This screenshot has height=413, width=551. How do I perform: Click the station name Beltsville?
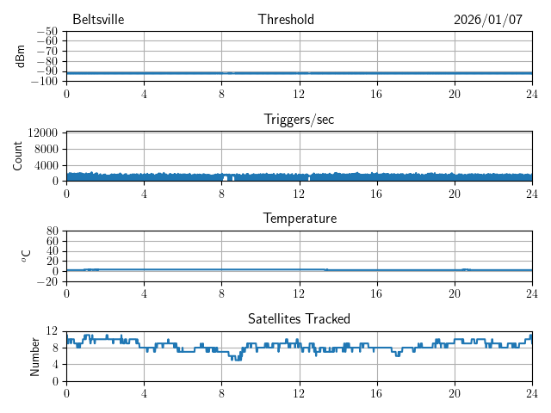[97, 20]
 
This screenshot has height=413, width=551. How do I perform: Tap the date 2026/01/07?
[488, 20]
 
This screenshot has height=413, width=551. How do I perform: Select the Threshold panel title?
[286, 20]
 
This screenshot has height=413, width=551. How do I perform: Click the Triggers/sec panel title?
[299, 120]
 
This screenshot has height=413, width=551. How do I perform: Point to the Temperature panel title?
[300, 219]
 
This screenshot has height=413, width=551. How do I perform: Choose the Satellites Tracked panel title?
[299, 319]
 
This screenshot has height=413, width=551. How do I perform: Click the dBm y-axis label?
[20, 56]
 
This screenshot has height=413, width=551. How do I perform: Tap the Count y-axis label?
[18, 156]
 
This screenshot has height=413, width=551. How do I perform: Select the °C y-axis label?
[25, 256]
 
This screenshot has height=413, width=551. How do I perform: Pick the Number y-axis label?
[35, 355]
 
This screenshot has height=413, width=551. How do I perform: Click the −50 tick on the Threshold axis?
[47, 32]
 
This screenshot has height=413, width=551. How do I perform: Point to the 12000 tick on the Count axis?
[42, 133]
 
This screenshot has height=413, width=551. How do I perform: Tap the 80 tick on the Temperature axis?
[53, 231]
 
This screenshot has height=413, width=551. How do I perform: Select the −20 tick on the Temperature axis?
[47, 281]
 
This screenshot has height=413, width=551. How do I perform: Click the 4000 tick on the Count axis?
[46, 165]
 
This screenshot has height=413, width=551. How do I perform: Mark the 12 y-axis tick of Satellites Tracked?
[53, 331]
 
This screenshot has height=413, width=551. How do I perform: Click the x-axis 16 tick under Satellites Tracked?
[377, 393]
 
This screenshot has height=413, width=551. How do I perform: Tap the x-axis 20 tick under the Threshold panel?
[455, 94]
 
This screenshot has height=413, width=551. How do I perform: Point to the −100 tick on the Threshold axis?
[45, 82]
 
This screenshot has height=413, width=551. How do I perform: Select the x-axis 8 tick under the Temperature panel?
[222, 293]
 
